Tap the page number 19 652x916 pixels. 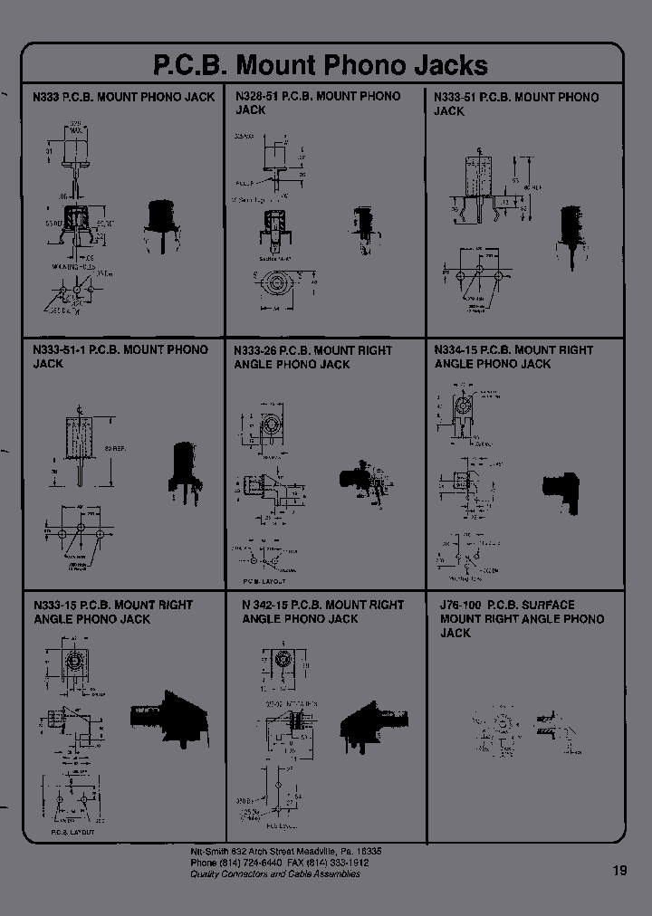coord(619,871)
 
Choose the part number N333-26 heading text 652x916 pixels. coord(255,350)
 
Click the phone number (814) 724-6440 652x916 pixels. coord(243,863)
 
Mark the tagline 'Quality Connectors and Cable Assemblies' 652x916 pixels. coord(274,873)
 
